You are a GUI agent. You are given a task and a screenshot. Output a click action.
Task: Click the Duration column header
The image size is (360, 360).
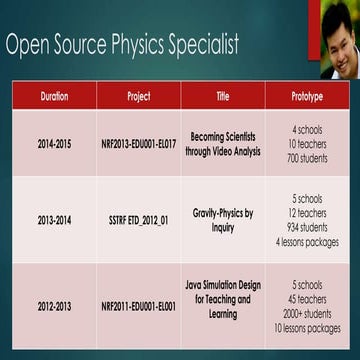(x=54, y=96)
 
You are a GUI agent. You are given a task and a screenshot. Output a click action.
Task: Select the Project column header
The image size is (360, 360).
(x=139, y=96)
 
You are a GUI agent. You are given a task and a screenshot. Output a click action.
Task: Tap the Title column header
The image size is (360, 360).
(x=222, y=96)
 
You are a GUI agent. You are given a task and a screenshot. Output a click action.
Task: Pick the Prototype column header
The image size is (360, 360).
(x=307, y=96)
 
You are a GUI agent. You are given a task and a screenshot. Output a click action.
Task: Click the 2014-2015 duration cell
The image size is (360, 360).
(x=54, y=144)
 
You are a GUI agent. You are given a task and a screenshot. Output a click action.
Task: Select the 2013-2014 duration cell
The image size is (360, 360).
(x=54, y=220)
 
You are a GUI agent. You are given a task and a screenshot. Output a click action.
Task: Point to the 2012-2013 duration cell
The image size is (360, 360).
(x=54, y=306)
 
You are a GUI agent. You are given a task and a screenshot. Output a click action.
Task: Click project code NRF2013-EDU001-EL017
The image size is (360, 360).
(x=139, y=144)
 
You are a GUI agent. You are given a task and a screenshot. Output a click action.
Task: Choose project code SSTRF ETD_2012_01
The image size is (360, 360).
(x=139, y=220)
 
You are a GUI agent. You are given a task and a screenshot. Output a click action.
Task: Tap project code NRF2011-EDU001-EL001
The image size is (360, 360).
(x=139, y=306)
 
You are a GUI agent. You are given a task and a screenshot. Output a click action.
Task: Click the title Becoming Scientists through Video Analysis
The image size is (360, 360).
(x=222, y=144)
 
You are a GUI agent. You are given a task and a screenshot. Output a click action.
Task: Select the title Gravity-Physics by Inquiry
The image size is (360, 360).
(x=222, y=220)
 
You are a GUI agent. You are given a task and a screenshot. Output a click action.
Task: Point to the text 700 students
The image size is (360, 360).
(x=307, y=159)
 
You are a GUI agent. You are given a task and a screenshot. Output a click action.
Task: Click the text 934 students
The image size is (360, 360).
(x=307, y=227)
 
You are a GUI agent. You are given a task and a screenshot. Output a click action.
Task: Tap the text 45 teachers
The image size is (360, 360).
(x=307, y=299)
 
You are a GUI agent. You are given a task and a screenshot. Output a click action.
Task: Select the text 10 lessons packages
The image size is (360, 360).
(x=307, y=328)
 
